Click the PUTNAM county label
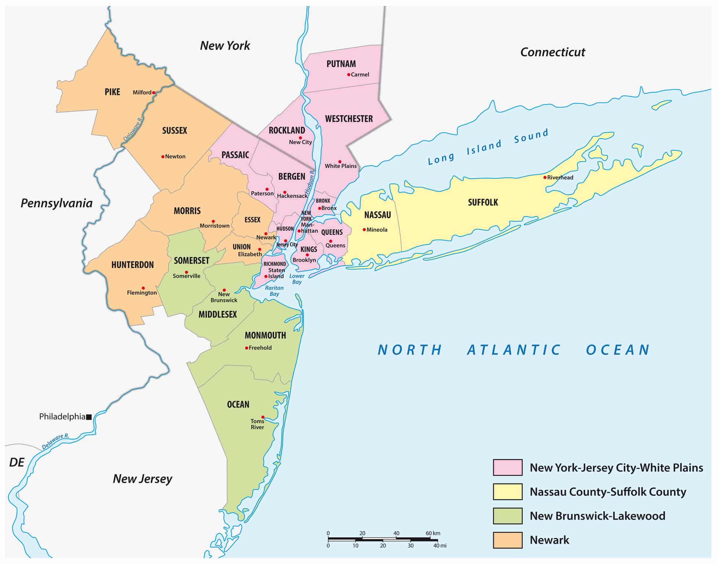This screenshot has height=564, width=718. (x=341, y=64)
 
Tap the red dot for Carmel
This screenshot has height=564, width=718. (x=349, y=75)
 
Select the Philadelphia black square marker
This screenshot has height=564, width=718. (x=89, y=417)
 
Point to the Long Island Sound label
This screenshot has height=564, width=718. (x=488, y=146)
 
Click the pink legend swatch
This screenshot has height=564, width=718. (x=507, y=467)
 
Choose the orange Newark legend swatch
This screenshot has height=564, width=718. (x=507, y=540)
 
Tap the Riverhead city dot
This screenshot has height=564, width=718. (x=545, y=178)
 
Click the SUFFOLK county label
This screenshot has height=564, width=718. (x=483, y=202)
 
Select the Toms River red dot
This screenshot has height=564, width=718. (x=263, y=417)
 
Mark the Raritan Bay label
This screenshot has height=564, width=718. (x=274, y=291)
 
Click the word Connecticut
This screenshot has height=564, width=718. (x=552, y=52)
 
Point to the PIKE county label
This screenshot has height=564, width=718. (x=112, y=92)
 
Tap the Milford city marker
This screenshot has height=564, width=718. (x=154, y=93)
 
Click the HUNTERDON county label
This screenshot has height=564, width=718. (x=132, y=265)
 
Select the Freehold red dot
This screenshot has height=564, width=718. (x=247, y=348)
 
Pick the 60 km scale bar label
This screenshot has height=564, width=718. (x=433, y=533)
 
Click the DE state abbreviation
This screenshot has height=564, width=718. (x=17, y=462)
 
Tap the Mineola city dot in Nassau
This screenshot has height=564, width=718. (x=364, y=230)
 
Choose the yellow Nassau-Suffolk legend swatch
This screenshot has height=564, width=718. (x=507, y=492)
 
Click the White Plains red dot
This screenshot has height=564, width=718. (x=340, y=162)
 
